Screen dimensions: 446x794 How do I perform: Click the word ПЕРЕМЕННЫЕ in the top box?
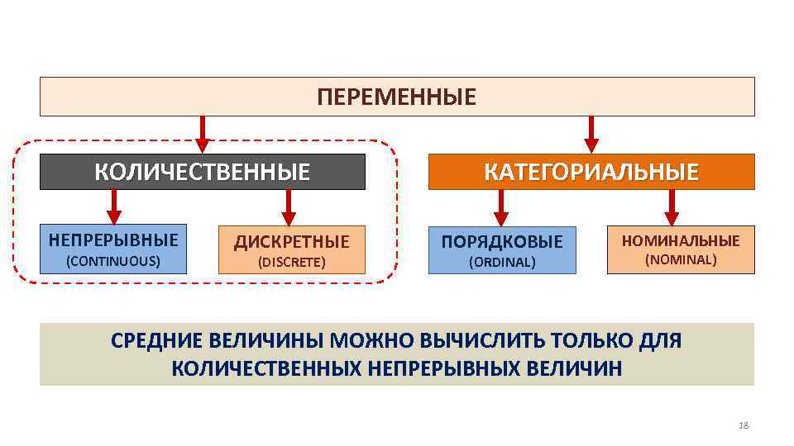(x=397, y=97)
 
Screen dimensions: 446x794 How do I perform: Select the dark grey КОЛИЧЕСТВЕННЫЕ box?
(x=203, y=172)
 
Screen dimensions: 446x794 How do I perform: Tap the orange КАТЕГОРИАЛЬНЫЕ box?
(x=591, y=172)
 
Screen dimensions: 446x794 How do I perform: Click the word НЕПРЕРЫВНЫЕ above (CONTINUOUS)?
(x=113, y=240)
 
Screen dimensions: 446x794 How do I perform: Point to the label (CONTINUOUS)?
(x=113, y=261)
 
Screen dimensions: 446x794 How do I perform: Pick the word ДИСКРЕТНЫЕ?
(x=291, y=242)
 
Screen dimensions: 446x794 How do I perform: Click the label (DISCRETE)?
(x=291, y=263)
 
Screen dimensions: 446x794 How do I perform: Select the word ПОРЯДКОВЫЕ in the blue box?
(x=502, y=242)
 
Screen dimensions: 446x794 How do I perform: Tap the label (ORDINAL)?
(x=502, y=263)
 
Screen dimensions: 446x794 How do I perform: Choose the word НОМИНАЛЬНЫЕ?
(x=682, y=241)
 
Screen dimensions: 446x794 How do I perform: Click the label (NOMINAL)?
(x=682, y=260)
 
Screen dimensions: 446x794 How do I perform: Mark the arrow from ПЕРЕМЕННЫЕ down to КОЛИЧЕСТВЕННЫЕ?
(x=203, y=135)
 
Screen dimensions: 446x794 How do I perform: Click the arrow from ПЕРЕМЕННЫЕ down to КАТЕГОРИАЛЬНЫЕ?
(x=591, y=135)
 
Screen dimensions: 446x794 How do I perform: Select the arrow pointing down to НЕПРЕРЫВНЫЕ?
(x=114, y=206)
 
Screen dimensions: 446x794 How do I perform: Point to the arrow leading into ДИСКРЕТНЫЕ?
(x=289, y=207)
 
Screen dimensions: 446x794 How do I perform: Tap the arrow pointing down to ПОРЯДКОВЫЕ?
(x=500, y=207)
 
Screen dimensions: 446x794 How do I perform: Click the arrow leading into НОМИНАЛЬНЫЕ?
(x=672, y=207)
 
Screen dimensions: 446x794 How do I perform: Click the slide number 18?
(x=742, y=425)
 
